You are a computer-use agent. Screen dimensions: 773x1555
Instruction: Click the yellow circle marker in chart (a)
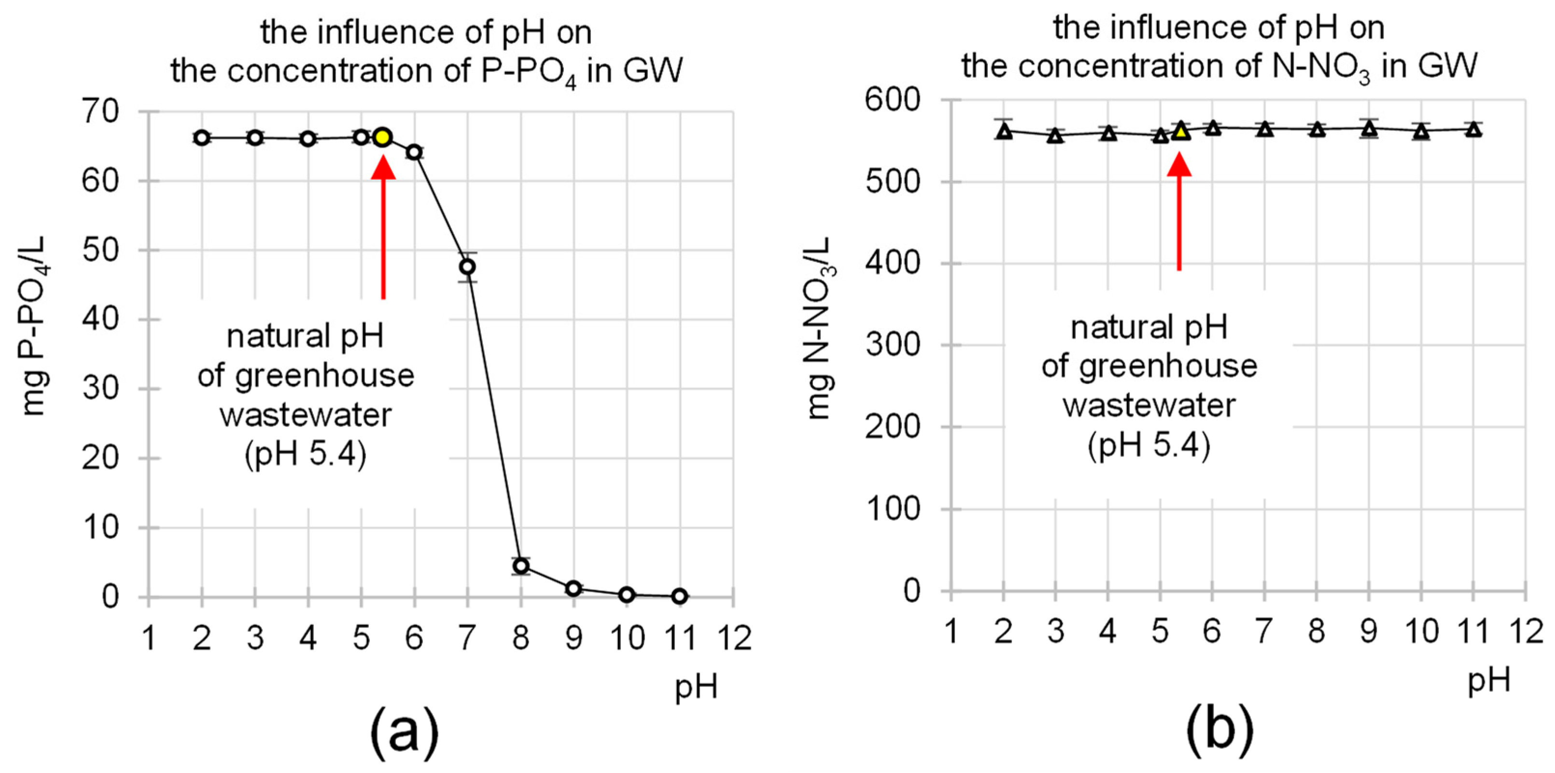[x=382, y=138]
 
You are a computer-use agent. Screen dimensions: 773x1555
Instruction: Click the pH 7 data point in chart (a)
[x=467, y=267]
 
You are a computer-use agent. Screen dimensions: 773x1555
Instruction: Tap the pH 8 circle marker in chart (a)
[x=521, y=566]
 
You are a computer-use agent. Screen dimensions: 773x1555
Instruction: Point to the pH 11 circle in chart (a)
[x=680, y=596]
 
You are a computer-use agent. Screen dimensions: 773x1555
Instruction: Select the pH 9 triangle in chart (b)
[x=1369, y=128]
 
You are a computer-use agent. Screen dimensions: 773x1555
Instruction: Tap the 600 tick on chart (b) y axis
[x=892, y=99]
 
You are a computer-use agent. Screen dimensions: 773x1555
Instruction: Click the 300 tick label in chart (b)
[x=892, y=345]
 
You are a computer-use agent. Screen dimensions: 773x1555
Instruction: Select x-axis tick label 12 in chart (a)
[x=733, y=638]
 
